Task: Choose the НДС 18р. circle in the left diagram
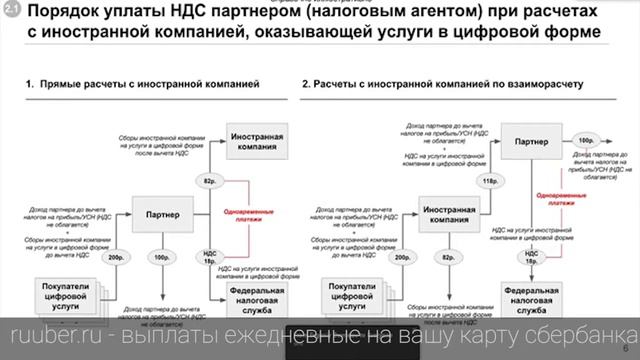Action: [x=210, y=259]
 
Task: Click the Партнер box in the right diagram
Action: [x=531, y=141]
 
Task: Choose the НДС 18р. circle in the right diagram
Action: [x=530, y=259]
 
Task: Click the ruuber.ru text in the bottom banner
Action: [x=46, y=334]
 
